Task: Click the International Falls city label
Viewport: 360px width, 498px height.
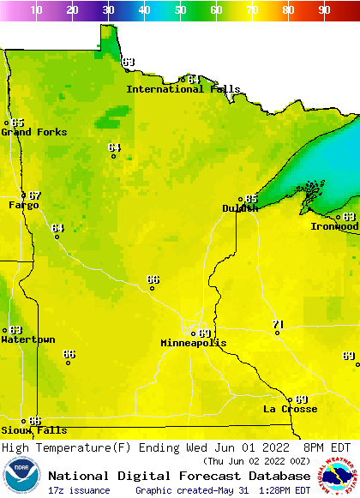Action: tap(177, 89)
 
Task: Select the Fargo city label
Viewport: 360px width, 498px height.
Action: tap(24, 206)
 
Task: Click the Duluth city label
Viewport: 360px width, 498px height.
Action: tap(240, 208)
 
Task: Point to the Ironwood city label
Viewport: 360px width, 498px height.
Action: tap(334, 226)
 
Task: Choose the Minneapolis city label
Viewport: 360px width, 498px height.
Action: tap(194, 343)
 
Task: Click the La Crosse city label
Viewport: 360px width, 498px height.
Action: tap(290, 409)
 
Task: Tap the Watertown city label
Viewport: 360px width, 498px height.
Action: tap(28, 339)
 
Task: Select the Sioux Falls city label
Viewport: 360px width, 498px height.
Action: tap(33, 430)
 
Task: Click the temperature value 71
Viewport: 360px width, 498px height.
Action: tap(278, 325)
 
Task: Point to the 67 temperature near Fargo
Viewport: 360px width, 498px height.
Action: tap(34, 195)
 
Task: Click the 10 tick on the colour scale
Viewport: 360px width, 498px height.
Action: tap(36, 10)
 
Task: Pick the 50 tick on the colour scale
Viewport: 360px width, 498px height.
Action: tap(180, 10)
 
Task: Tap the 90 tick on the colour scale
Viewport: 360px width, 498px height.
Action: tap(324, 10)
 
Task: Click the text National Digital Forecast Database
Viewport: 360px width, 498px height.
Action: tap(179, 476)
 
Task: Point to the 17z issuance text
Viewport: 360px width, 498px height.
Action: tap(79, 490)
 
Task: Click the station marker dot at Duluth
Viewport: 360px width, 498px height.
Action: tap(240, 199)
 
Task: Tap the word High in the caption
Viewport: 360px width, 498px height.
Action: tap(17, 447)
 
